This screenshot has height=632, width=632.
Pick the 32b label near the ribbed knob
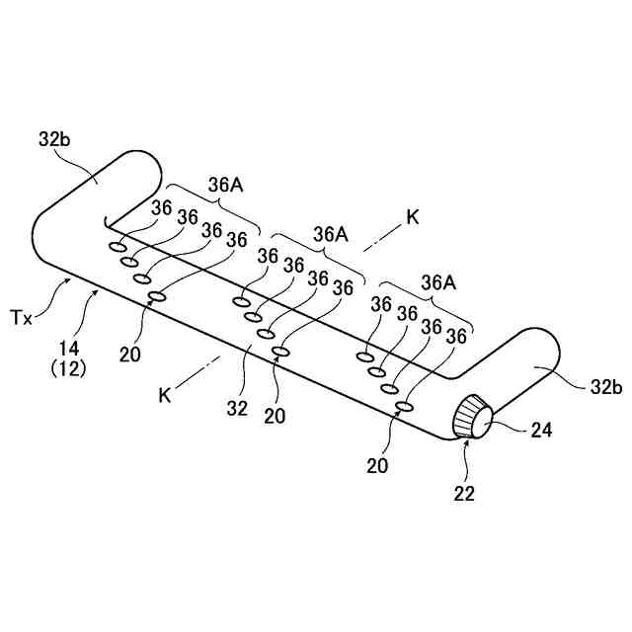pos(604,387)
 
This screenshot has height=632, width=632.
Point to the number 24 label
pos(540,430)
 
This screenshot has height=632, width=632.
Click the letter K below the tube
pos(166,395)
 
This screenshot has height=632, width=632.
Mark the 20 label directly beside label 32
pos(275,415)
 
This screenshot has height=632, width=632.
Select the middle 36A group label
pos(331,234)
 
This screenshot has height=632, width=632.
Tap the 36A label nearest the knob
pos(437,282)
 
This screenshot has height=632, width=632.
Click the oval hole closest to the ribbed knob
pos(403,406)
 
